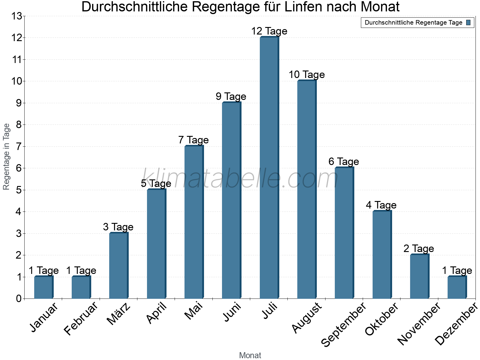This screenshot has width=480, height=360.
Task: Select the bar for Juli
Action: tap(269, 168)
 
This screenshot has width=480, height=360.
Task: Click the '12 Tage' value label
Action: tap(269, 31)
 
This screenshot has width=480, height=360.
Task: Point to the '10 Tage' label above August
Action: tap(307, 75)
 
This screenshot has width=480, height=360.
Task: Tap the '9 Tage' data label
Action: tap(231, 97)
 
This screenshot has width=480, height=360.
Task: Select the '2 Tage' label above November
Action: tap(419, 249)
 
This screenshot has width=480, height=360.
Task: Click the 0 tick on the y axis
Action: tap(19, 299)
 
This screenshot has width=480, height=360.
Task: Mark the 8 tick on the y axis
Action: tap(19, 125)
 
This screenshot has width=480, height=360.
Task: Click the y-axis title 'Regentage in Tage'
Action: tap(7, 157)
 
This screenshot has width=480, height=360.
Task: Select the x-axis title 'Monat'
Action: tap(250, 355)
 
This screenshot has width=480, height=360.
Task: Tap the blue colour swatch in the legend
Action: tap(469, 22)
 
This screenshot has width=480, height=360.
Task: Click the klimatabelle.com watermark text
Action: tap(240, 179)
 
